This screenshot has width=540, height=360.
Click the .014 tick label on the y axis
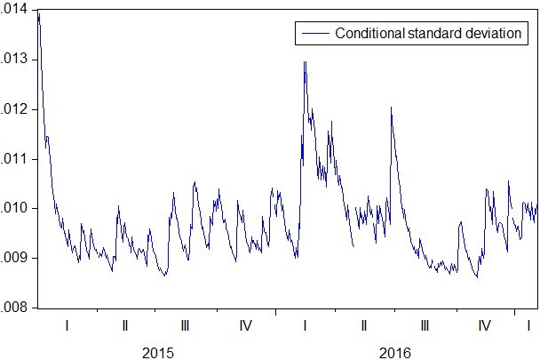[14, 10]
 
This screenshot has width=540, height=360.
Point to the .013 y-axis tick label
[14, 60]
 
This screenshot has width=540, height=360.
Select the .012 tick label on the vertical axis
[14, 109]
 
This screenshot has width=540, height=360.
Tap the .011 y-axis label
[14, 159]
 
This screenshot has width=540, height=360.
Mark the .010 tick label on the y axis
[14, 209]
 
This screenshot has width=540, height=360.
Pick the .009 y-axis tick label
[14, 259]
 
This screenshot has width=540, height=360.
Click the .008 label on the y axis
[14, 308]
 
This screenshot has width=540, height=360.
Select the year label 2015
[158, 353]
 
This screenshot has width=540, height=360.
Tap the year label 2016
[395, 353]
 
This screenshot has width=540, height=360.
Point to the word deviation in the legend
[496, 33]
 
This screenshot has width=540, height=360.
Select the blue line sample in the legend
[314, 33]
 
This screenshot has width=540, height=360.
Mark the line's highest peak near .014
[38, 12]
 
